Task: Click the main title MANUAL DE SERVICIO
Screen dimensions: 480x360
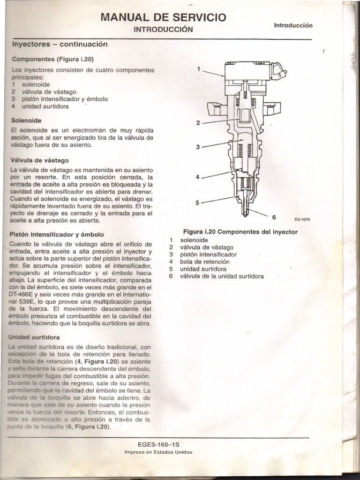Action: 164,18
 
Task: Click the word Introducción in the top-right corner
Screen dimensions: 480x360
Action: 293,25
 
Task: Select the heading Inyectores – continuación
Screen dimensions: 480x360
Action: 59,44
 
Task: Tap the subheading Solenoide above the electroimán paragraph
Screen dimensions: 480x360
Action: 26,120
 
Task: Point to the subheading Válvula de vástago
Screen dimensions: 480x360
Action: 39,160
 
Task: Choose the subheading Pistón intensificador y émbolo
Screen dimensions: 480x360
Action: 57,234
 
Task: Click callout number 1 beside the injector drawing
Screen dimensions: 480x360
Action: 199,69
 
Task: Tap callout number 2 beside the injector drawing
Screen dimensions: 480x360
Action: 198,123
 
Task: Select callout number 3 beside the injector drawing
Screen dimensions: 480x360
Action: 198,147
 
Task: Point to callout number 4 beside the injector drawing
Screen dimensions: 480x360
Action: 198,177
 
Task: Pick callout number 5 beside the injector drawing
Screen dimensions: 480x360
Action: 198,203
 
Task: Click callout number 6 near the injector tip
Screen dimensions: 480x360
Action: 274,217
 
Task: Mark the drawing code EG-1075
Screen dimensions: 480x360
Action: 302,219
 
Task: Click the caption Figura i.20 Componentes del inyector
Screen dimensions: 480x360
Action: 240,232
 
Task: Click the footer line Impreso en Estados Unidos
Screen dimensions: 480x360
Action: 158,452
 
